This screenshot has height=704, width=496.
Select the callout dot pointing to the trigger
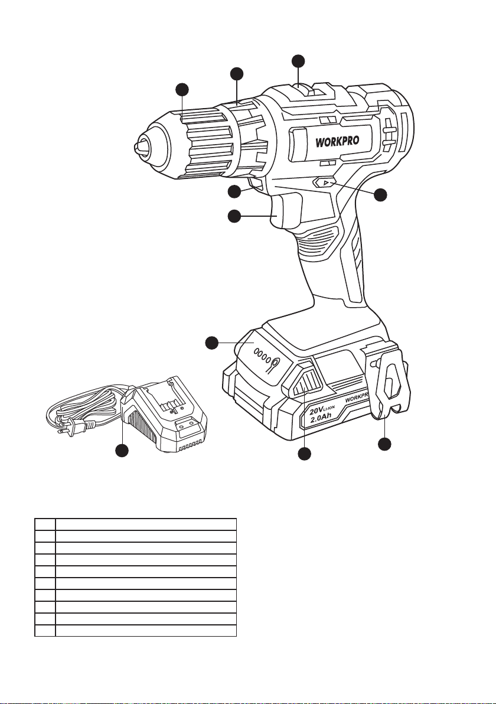[234, 217]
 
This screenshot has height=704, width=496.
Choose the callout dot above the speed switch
[299, 61]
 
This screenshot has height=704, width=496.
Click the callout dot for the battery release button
[304, 454]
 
